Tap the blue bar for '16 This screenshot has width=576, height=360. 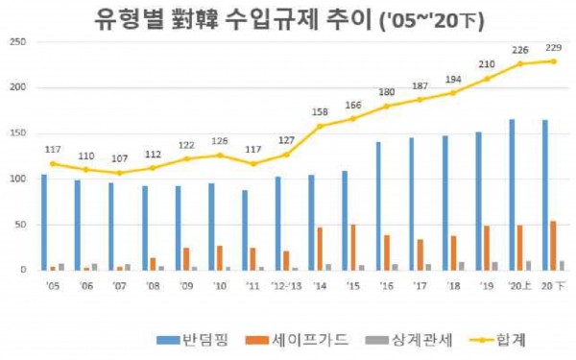[x=378, y=206]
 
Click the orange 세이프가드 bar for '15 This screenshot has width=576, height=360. [x=353, y=248]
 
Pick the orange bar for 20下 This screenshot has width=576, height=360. [x=554, y=246]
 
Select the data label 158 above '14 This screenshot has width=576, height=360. [x=320, y=112]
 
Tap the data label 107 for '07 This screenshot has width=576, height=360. [x=120, y=159]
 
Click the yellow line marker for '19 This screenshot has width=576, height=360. [x=487, y=79]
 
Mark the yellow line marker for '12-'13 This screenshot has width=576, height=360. [x=286, y=155]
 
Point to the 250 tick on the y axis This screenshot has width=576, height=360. [x=16, y=42]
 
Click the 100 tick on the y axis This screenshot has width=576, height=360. [x=16, y=179]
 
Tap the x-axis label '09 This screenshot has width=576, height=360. [x=186, y=285]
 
